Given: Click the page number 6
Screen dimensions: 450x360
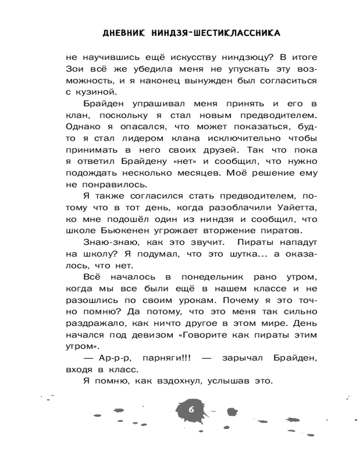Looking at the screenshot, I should (x=191, y=409).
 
